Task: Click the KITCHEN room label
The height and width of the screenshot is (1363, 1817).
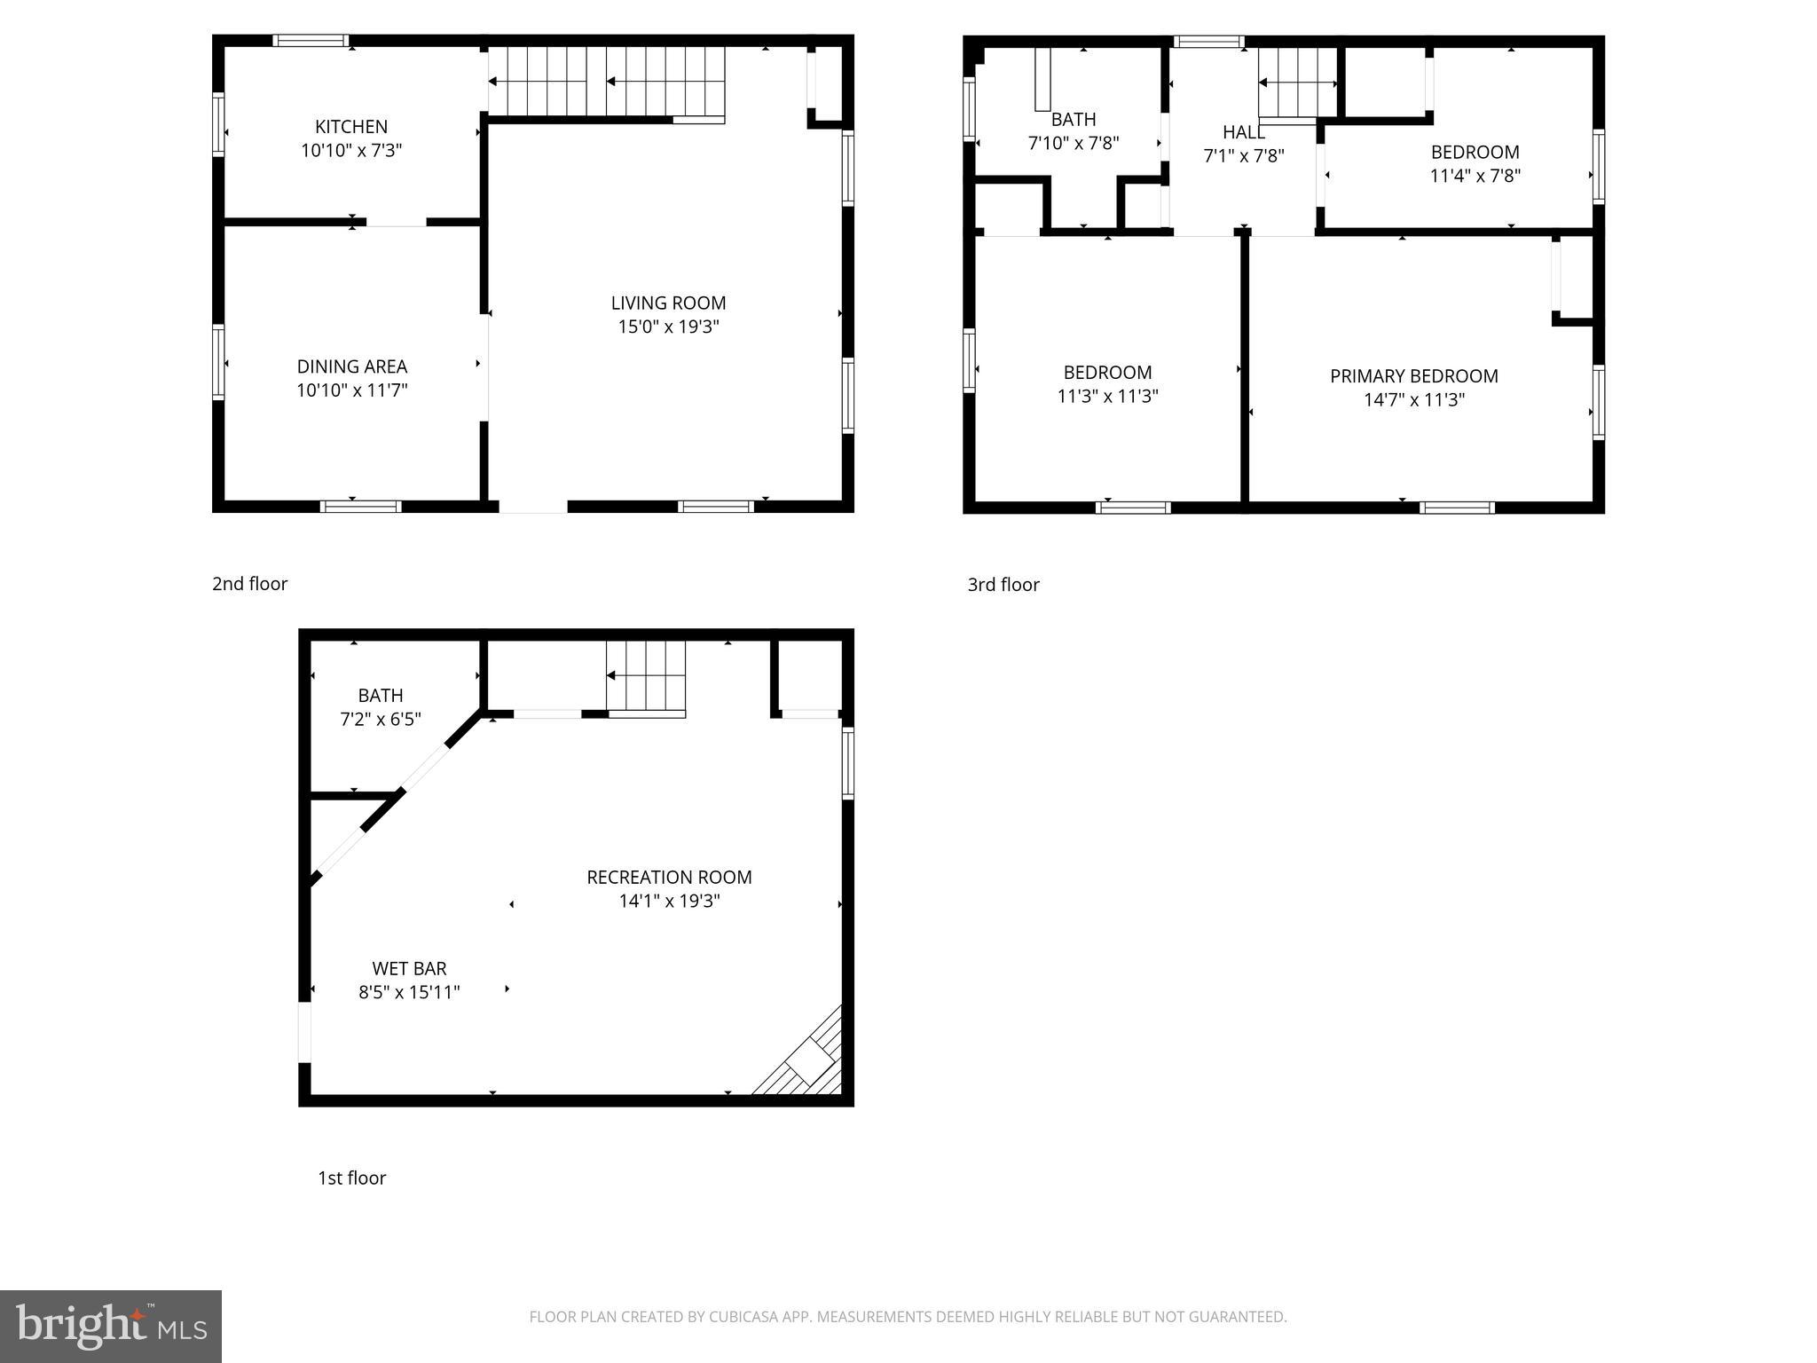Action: [351, 127]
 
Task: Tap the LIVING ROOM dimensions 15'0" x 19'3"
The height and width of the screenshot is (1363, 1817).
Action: [668, 327]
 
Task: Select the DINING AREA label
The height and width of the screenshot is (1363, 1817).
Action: [351, 366]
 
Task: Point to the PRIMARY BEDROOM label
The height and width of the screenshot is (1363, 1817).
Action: [1413, 376]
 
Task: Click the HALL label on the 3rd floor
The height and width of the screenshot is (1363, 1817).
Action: [1243, 132]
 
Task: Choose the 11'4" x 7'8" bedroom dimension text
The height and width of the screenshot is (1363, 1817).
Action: [1475, 176]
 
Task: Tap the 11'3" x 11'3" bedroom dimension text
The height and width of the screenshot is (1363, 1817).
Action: [1107, 397]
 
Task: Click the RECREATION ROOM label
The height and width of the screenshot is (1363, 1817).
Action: [669, 878]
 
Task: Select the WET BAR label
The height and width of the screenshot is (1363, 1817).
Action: [409, 969]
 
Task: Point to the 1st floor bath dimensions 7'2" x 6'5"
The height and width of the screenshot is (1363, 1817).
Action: [381, 720]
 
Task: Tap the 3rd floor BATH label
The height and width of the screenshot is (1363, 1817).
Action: [1074, 120]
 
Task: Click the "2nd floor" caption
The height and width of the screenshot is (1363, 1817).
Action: [249, 584]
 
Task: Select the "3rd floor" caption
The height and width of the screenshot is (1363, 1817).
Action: [1003, 585]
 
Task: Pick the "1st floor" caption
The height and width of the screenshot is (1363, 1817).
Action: [351, 1178]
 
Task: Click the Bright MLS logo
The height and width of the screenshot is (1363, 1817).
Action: [111, 1326]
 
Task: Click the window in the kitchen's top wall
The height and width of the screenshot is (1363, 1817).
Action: [310, 40]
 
